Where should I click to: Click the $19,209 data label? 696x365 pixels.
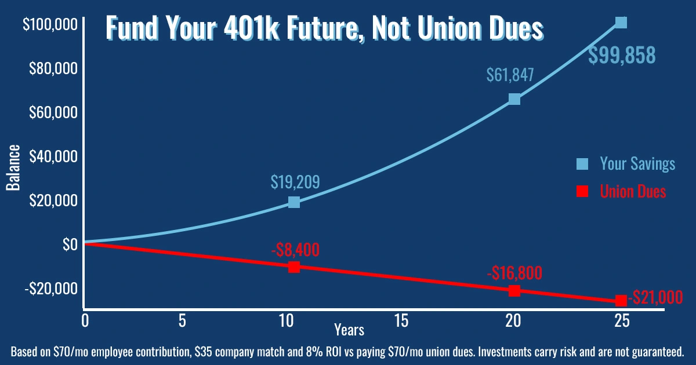(x=295, y=182)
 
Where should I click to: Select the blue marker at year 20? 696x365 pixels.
(x=514, y=99)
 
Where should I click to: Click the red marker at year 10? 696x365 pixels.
(x=294, y=267)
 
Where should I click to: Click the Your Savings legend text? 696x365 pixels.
(x=637, y=164)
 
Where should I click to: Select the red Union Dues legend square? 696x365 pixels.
(x=582, y=192)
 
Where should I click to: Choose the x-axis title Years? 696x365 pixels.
(x=349, y=330)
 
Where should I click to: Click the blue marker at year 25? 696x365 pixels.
(x=621, y=23)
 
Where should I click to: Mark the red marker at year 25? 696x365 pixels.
(x=621, y=301)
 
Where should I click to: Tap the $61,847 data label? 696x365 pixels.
(x=510, y=75)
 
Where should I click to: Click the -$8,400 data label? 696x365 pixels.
(x=295, y=250)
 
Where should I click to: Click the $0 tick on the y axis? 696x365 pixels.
(x=68, y=244)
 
